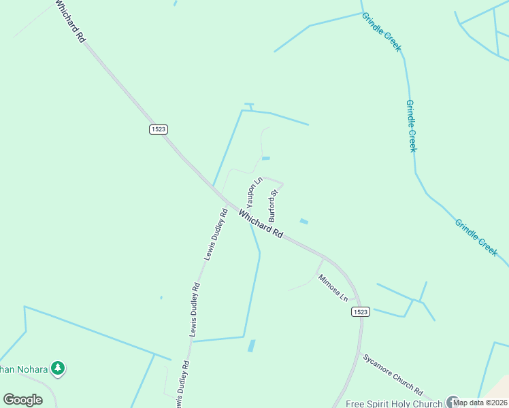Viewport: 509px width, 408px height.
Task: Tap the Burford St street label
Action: click(274, 206)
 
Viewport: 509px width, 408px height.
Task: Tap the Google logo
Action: click(22, 400)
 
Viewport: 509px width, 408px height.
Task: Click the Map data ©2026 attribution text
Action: click(480, 402)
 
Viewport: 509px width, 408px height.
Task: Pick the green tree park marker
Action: click(58, 369)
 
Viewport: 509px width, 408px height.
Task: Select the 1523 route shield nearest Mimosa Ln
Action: click(361, 311)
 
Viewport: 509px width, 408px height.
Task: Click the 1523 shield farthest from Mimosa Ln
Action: click(158, 129)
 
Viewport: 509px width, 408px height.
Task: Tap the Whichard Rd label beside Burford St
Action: click(261, 224)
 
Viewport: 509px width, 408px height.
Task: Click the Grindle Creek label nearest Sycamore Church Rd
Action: click(476, 237)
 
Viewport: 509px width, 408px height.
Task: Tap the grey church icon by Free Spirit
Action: click(452, 402)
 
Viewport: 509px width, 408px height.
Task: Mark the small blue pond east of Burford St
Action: click(303, 221)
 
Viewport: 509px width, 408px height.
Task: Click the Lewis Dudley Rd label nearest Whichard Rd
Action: click(215, 235)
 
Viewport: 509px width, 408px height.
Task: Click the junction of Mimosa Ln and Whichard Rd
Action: click(325, 258)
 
